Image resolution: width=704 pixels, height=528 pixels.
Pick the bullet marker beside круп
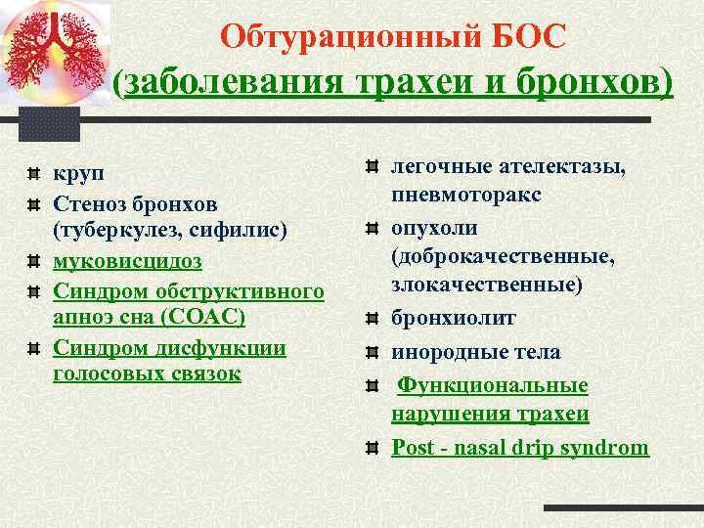coord(33,174)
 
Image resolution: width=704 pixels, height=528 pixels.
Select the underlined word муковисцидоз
coord(127,261)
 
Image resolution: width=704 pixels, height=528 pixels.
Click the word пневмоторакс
coord(466,196)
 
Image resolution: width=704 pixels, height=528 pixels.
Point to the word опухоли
coord(434,227)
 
